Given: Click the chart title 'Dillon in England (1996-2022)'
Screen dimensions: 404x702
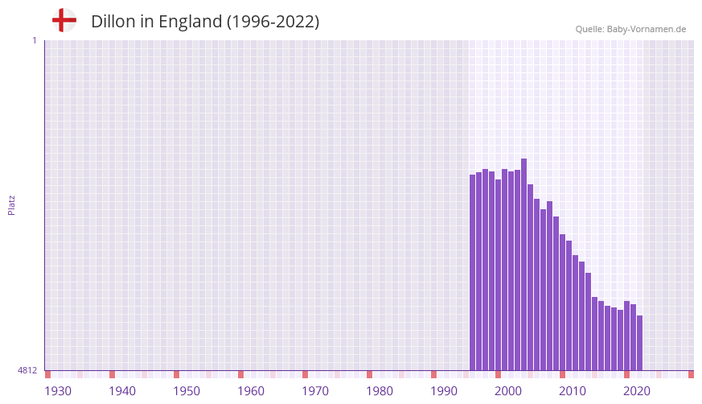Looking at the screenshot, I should point(205,22).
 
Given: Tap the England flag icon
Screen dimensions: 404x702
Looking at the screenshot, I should point(64,20).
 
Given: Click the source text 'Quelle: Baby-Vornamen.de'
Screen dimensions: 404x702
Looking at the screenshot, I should point(630,29).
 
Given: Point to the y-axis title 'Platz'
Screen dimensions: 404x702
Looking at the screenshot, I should point(11,204).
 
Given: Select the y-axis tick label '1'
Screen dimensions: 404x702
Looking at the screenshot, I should point(34,40).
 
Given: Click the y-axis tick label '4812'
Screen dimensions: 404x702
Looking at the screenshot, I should point(27,370).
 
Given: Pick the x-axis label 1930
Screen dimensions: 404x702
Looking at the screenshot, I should point(58,391).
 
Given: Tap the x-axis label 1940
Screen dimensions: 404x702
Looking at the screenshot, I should point(122,391).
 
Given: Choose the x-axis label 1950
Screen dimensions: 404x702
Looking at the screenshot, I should point(187,391).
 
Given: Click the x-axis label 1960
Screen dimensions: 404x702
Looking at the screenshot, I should point(251,391).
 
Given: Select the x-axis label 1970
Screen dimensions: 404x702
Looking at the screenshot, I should point(315,391).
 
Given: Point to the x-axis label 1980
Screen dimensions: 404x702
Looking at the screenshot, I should point(380,391).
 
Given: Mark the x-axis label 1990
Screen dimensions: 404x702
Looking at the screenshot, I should point(444,391).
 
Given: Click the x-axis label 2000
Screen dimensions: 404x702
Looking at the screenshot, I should point(508,391).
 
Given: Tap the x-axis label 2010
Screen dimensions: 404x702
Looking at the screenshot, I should point(573,391).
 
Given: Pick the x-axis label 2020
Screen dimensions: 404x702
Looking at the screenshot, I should point(637,391).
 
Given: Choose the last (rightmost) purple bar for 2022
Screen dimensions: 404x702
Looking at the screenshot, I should point(640,343).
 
